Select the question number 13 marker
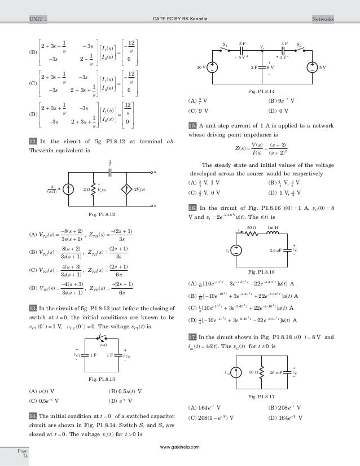pos(33,307)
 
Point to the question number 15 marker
pos(192,125)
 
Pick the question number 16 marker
pos(192,208)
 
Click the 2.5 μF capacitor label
pos(278,249)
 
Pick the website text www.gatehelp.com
pos(180,446)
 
